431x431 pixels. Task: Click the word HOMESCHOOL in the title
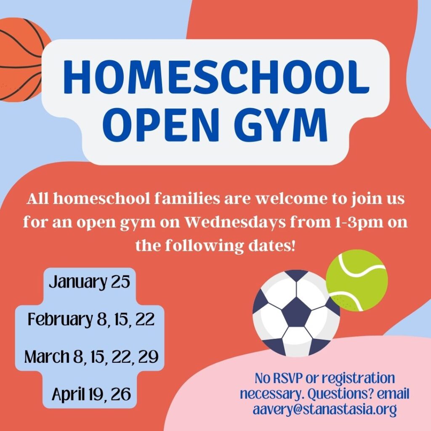pyautogui.click(x=216, y=77)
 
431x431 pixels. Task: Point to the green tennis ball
pyautogui.click(x=357, y=280)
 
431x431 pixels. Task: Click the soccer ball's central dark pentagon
pyautogui.click(x=296, y=313)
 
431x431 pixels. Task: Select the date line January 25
pyautogui.click(x=90, y=282)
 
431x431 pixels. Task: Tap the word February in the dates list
pyautogui.click(x=60, y=319)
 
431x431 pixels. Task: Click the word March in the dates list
pyautogui.click(x=47, y=357)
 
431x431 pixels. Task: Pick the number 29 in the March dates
pyautogui.click(x=149, y=357)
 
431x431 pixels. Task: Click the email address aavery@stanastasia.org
pyautogui.click(x=325, y=409)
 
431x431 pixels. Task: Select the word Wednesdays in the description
pyautogui.click(x=235, y=222)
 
